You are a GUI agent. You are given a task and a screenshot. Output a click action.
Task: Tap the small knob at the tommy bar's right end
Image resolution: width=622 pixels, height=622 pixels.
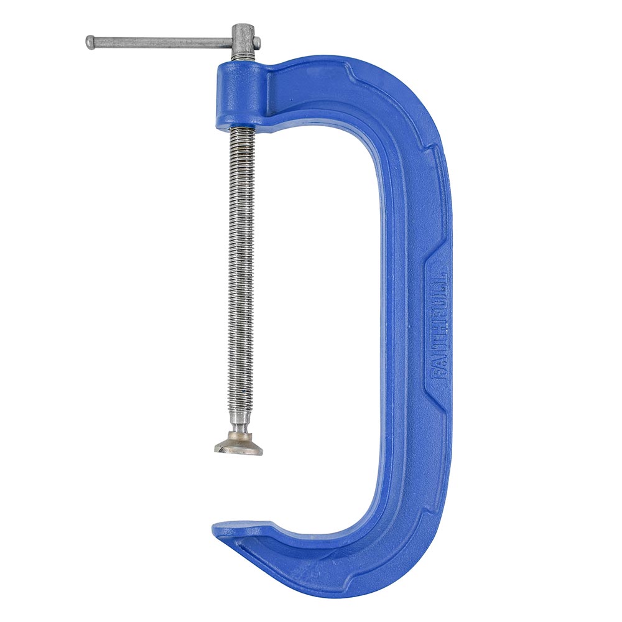[x=258, y=42]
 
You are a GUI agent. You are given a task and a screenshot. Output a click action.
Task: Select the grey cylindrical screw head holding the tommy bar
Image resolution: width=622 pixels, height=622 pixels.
[x=243, y=44]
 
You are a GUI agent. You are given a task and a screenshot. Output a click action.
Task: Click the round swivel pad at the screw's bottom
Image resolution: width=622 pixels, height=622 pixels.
[x=239, y=446]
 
